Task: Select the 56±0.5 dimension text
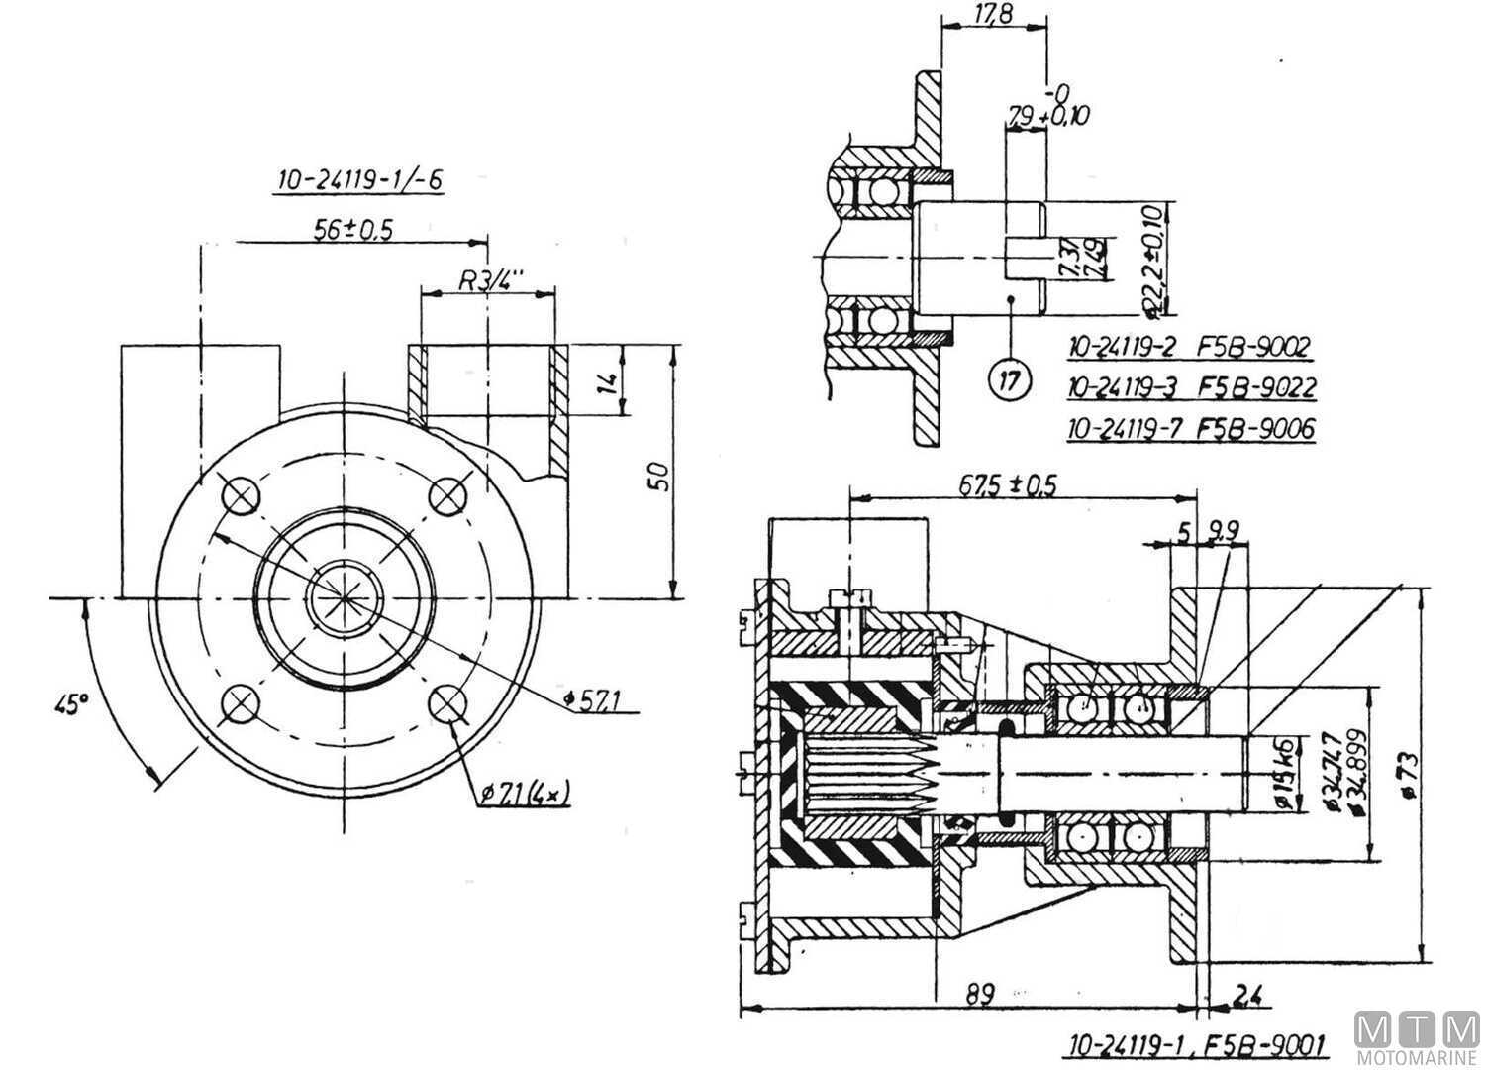pyautogui.click(x=353, y=229)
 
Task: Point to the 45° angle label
pyautogui.click(x=72, y=704)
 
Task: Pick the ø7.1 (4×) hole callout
pyautogui.click(x=526, y=793)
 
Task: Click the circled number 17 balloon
pyautogui.click(x=1009, y=379)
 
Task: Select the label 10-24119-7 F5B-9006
pyautogui.click(x=1191, y=429)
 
